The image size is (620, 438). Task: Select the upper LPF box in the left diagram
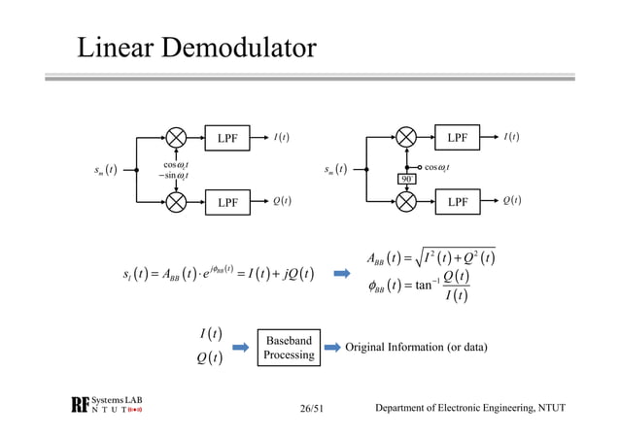[x=228, y=137]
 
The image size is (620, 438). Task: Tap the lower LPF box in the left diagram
[x=228, y=202]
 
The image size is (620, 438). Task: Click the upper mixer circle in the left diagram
[x=176, y=137]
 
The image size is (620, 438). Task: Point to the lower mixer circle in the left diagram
[x=176, y=202]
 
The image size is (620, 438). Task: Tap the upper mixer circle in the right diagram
[x=408, y=137]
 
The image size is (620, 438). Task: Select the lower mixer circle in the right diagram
[x=408, y=202]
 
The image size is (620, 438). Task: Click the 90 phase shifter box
[x=408, y=180]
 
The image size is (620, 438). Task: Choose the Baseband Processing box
[x=289, y=348]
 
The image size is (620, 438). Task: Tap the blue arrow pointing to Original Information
[x=331, y=348]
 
